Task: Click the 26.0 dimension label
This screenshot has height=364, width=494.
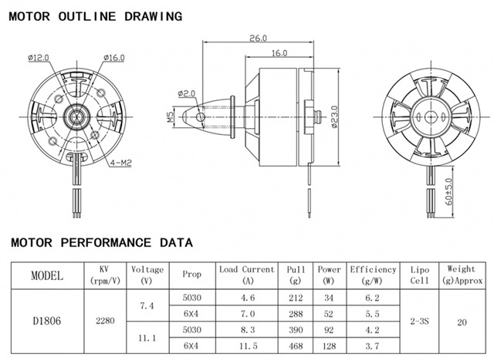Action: (258, 38)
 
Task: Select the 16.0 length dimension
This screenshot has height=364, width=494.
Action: (279, 53)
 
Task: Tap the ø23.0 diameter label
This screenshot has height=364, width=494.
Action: (334, 116)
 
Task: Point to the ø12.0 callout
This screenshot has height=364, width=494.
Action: (39, 58)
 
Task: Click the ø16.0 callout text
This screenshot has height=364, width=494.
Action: (113, 58)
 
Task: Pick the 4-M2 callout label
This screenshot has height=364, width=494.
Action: (121, 163)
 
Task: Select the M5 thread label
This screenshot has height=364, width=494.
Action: (170, 117)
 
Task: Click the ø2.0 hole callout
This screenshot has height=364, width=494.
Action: (187, 93)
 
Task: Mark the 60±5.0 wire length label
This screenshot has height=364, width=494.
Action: (448, 192)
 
